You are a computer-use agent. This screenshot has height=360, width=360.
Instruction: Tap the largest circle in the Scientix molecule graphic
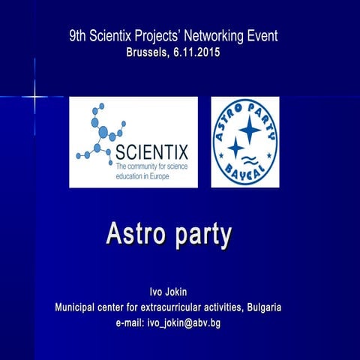(103, 133)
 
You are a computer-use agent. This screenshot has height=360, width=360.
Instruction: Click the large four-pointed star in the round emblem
(250, 130)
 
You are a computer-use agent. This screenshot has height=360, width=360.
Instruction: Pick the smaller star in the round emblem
(236, 148)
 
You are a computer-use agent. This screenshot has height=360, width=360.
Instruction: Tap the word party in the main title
(203, 235)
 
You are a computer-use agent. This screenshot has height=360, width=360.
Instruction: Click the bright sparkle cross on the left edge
(34, 97)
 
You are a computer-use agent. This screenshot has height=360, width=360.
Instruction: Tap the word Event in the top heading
(262, 35)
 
